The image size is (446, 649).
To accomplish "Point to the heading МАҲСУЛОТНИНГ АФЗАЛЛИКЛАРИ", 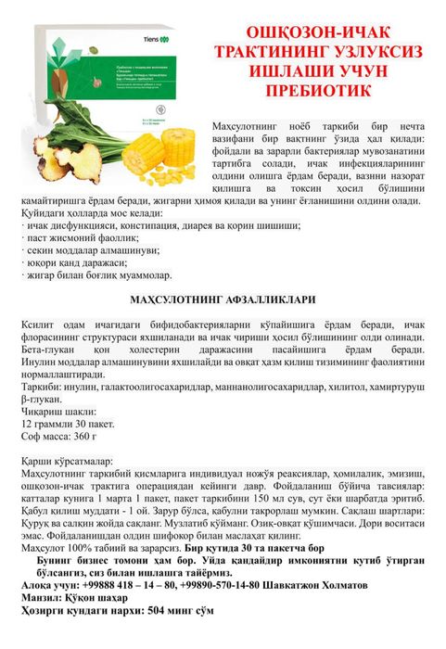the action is [x=222, y=299].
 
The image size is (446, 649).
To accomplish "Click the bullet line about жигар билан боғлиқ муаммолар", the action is [x=93, y=275].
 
